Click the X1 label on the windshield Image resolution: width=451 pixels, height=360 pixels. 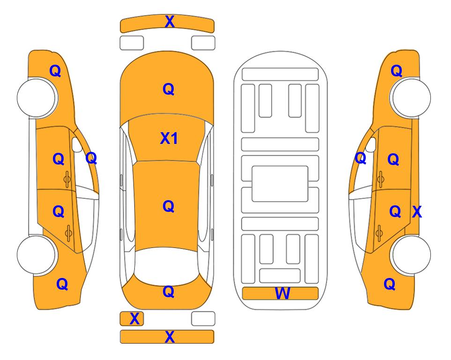[169, 138]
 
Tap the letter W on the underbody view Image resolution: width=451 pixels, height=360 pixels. [282, 293]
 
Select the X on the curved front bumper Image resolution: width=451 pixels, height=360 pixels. [170, 22]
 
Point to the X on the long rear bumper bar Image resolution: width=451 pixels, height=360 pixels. [170, 337]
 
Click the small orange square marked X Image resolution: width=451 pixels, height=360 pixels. [132, 319]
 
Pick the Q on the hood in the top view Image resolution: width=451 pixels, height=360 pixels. [169, 89]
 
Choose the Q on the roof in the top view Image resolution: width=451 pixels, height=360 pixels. [169, 206]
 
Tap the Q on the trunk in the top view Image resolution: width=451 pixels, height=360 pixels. [169, 292]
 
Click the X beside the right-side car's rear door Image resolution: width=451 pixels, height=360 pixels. [417, 212]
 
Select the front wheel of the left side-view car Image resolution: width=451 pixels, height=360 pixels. [37, 97]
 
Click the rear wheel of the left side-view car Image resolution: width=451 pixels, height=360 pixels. [37, 255]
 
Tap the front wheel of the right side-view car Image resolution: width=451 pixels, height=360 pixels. [411, 97]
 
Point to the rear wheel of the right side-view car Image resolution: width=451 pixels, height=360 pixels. [411, 255]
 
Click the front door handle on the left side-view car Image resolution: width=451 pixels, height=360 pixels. [67, 179]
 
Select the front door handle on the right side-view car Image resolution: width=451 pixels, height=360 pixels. [381, 179]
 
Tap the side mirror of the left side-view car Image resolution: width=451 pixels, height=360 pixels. [77, 145]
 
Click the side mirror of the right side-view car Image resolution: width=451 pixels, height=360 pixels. [371, 145]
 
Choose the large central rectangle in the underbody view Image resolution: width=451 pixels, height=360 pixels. [280, 184]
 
